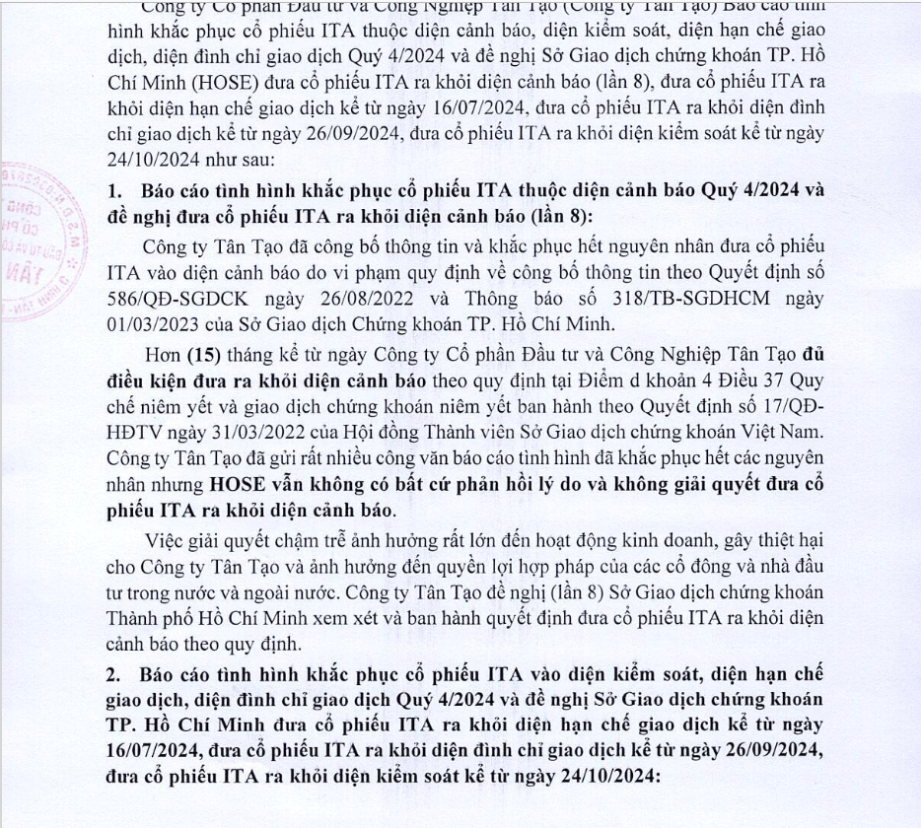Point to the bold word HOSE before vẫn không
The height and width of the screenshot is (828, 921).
[238, 483]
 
